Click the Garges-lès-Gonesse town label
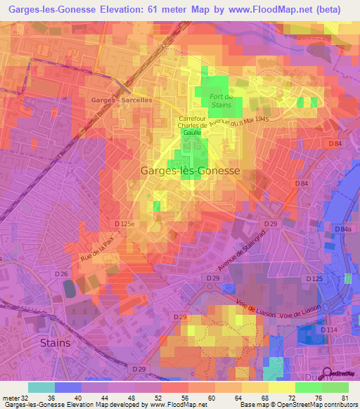coord(190,171)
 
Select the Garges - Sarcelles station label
coord(121,100)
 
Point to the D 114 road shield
coord(329,330)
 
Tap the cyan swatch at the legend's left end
coord(41,387)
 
